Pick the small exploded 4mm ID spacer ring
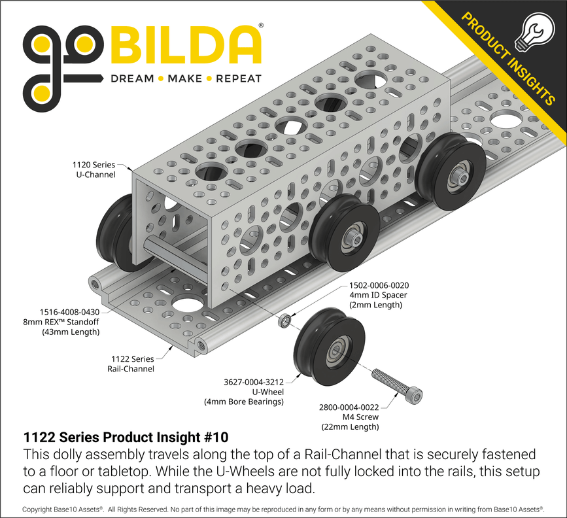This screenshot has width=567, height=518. pyautogui.click(x=285, y=322)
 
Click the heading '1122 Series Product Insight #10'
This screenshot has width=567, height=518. pyautogui.click(x=126, y=437)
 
